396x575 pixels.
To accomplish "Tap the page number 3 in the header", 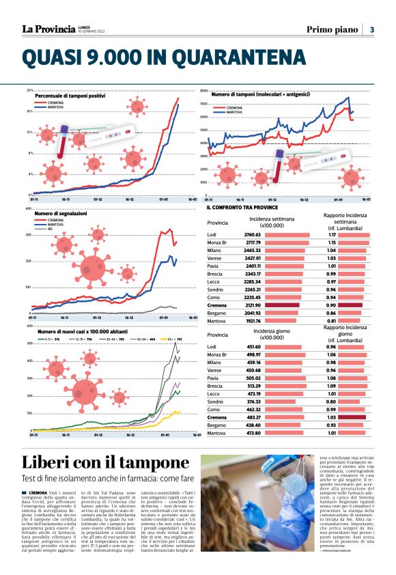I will click(372, 29).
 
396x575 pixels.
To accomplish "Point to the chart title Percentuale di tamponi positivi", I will click(70, 96).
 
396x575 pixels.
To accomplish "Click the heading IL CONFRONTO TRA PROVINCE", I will click(241, 207).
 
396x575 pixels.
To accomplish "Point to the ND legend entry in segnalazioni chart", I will click(51, 228).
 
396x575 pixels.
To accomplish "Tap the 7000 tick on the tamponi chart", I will click(203, 104).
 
